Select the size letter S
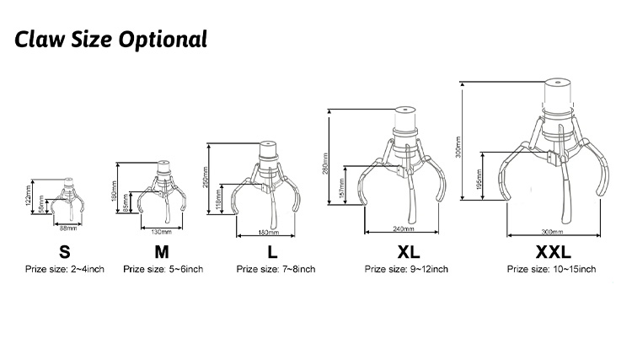(x=64, y=251)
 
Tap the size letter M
(x=162, y=251)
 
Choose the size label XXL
(x=552, y=251)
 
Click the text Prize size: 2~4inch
(x=64, y=270)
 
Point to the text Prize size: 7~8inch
(x=276, y=270)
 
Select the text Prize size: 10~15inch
(x=551, y=270)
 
